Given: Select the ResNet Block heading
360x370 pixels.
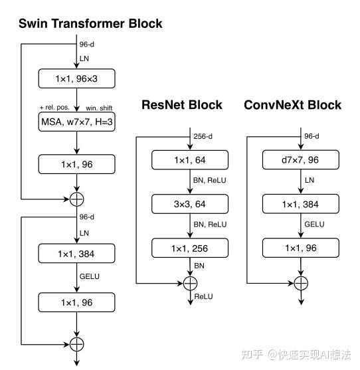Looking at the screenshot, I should point(181,105).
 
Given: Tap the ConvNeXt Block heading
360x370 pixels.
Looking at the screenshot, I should point(292,105).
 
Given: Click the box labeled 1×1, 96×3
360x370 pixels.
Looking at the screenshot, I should point(77,79).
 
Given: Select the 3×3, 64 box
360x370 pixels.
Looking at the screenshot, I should point(190,204).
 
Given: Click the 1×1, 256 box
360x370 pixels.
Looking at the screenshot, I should point(190,249).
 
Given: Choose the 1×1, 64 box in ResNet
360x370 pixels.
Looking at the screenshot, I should point(190,159).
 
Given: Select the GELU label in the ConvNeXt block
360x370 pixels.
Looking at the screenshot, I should point(314,225).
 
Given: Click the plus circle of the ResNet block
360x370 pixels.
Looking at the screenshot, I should point(190,283).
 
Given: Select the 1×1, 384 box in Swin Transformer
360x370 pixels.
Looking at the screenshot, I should point(77,253).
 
